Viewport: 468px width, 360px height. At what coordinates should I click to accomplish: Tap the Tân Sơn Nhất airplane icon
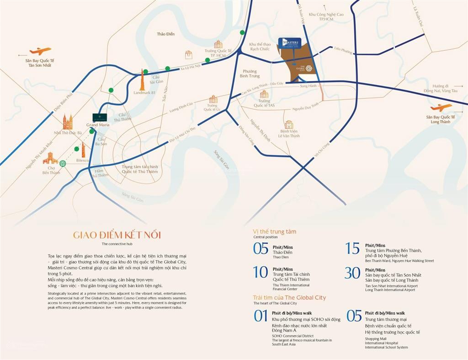pyautogui.click(x=40, y=51)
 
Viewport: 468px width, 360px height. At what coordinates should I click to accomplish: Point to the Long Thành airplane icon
pyautogui.click(x=441, y=108)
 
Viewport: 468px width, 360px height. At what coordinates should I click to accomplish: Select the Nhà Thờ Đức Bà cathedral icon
pyautogui.click(x=68, y=122)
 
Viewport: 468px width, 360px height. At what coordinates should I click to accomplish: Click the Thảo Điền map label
pyautogui.click(x=165, y=34)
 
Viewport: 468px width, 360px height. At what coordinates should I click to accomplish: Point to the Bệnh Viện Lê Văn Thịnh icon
pyautogui.click(x=289, y=124)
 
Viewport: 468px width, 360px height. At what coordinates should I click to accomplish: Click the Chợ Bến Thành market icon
pyautogui.click(x=50, y=158)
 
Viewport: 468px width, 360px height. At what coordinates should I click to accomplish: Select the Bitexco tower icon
pyautogui.click(x=84, y=149)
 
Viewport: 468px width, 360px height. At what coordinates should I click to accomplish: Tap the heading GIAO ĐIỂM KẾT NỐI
pyautogui.click(x=117, y=235)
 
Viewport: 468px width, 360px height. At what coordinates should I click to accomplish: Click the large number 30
pyautogui.click(x=352, y=273)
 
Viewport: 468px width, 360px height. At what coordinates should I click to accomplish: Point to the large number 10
pyautogui.click(x=261, y=273)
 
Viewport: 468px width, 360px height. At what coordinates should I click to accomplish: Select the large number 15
pyautogui.click(x=352, y=248)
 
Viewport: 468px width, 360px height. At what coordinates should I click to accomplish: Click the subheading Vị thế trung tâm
pyautogui.click(x=275, y=231)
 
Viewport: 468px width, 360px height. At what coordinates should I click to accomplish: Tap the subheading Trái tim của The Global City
pyautogui.click(x=289, y=297)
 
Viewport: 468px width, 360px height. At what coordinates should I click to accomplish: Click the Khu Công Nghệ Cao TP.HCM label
pyautogui.click(x=326, y=17)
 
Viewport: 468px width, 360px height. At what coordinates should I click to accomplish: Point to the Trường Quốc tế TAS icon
pyautogui.click(x=264, y=94)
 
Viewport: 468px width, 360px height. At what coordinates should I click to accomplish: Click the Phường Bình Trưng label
pyautogui.click(x=250, y=74)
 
